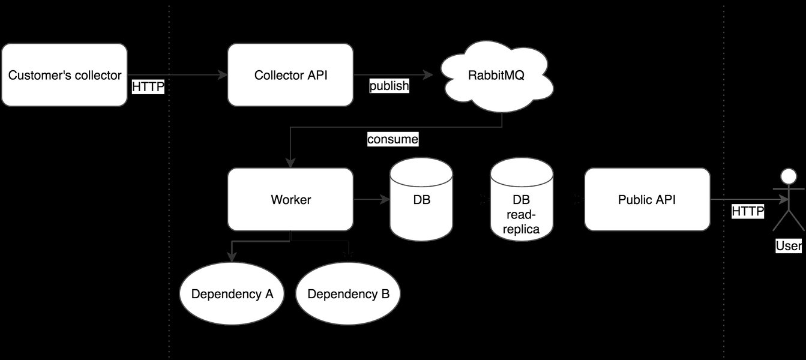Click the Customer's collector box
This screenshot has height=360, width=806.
(x=64, y=76)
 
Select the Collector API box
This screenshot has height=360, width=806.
(x=290, y=76)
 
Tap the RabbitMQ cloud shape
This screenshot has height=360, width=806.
(x=497, y=76)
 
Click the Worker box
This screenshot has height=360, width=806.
(x=290, y=199)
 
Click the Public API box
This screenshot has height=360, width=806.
(x=647, y=199)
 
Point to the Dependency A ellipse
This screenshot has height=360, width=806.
(x=232, y=294)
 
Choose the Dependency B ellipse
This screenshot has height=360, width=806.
(x=348, y=294)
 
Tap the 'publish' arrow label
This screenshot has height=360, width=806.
(x=389, y=86)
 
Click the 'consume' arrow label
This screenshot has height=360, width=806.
(x=392, y=140)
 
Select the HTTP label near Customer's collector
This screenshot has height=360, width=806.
(x=148, y=87)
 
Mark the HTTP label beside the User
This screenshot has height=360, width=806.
(x=747, y=211)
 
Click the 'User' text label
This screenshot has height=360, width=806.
(x=788, y=245)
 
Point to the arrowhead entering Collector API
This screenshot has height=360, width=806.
(x=223, y=75)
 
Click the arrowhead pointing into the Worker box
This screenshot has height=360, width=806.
(x=290, y=163)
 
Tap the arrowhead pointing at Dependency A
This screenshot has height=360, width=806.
(x=232, y=257)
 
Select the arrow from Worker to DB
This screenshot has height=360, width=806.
(x=371, y=199)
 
